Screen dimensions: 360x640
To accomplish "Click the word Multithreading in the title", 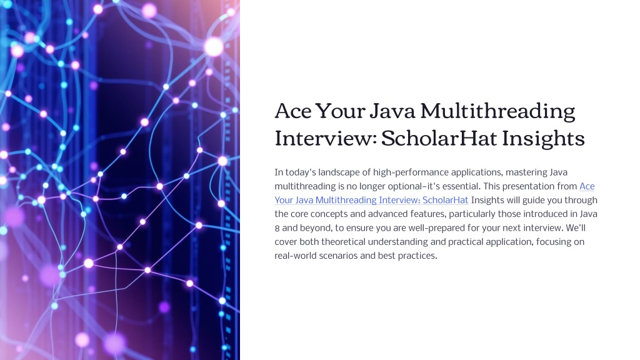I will (x=497, y=111).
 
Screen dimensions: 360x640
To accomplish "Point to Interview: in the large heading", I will (x=325, y=138).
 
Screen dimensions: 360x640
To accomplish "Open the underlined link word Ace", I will (x=587, y=186).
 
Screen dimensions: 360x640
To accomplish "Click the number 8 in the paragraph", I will (x=277, y=228).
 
